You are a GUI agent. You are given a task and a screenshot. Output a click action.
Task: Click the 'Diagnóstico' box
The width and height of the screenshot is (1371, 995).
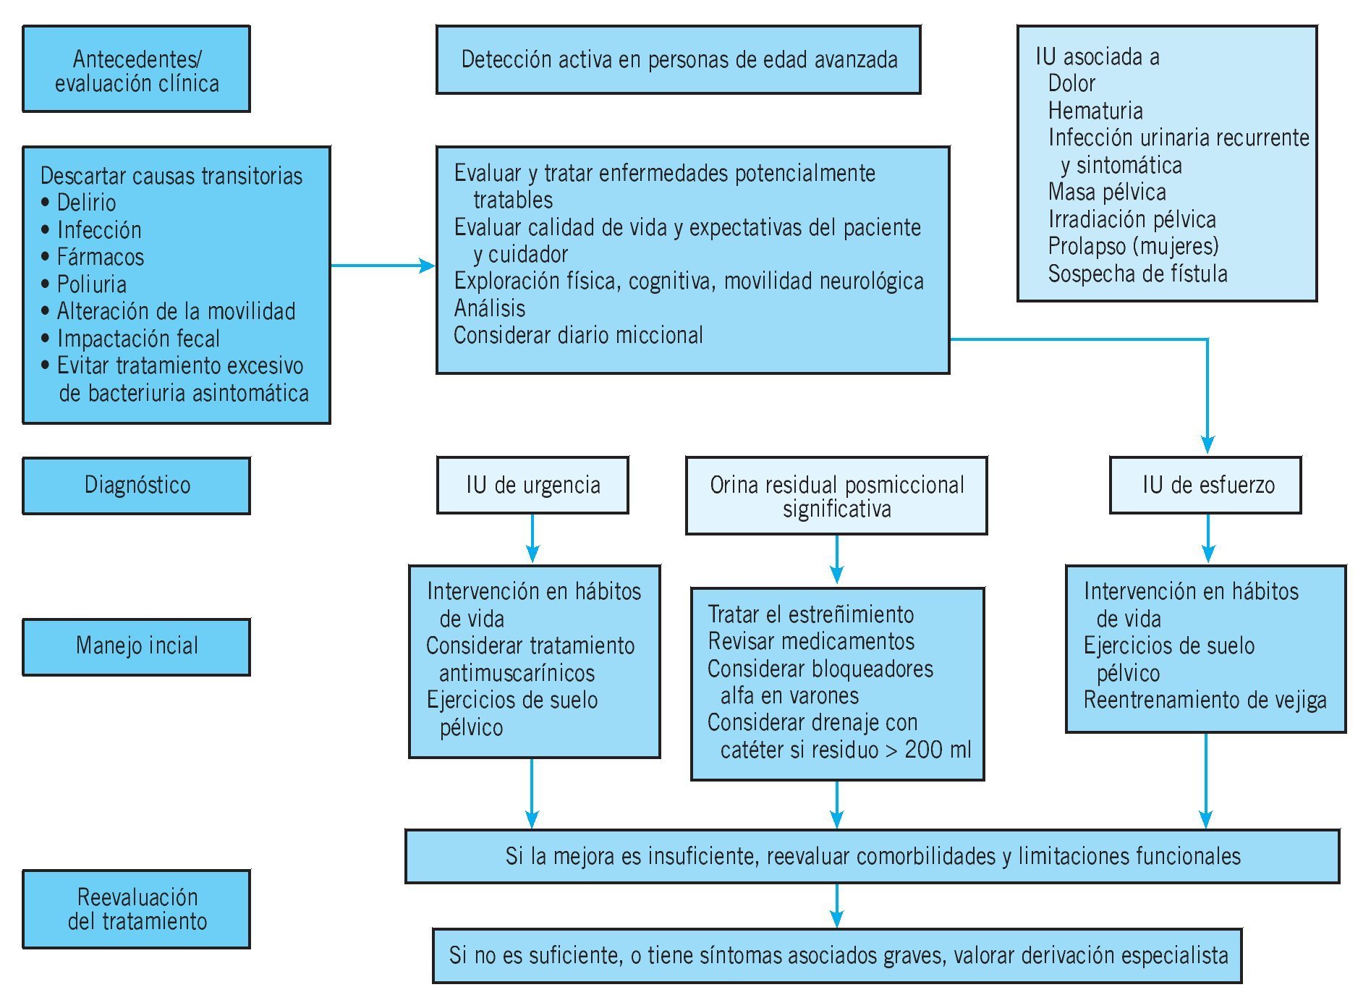137,485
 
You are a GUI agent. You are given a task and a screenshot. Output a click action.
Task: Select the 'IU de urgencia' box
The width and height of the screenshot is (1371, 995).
532,485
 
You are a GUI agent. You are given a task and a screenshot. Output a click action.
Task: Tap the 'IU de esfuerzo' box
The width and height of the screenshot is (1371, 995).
1205,485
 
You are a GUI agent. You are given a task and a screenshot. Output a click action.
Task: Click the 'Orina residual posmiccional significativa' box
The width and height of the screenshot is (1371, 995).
836,496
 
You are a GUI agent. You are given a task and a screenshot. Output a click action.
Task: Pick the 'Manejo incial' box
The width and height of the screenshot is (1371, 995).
137,646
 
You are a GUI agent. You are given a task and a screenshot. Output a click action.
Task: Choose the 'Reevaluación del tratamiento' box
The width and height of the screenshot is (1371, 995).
137,909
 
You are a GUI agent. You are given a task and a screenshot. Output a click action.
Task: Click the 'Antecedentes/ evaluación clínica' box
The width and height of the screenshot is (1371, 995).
137,69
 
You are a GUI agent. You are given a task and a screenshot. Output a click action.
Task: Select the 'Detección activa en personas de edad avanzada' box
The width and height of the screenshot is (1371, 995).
679,60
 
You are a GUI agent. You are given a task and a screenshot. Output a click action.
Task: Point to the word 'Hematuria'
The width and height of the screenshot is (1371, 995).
1095,111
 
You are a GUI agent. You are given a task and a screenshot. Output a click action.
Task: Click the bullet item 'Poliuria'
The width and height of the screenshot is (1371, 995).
91,284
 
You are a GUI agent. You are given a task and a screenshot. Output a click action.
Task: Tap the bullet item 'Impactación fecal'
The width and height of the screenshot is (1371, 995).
137,339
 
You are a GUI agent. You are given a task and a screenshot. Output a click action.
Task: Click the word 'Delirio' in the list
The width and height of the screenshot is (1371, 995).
86,203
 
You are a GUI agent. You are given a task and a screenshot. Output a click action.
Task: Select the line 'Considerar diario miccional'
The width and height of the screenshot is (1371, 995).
578,335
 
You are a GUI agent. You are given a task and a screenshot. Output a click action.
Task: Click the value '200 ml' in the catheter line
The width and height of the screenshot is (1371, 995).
938,750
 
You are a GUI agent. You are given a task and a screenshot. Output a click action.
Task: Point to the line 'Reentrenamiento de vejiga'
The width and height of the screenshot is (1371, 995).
1205,700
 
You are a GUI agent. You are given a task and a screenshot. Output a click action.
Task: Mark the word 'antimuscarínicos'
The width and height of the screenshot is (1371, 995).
517,674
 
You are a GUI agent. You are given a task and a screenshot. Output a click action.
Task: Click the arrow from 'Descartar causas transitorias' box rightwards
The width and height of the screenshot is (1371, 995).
383,266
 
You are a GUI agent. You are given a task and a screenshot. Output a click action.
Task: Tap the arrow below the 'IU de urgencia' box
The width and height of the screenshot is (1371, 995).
532,539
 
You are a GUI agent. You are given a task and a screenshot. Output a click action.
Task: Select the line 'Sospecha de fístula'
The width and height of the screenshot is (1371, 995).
1137,274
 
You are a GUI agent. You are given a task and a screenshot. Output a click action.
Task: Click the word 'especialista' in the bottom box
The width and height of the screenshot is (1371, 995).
1171,955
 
